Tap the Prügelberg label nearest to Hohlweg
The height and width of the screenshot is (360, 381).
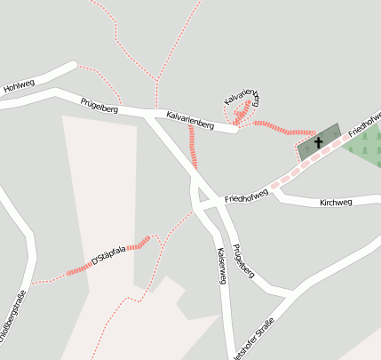point(99,106)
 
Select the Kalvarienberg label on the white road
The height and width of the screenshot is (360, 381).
point(191,120)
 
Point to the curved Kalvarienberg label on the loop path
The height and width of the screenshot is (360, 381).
point(242,99)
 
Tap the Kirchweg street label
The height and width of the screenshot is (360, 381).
point(336,203)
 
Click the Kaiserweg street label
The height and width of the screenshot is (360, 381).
point(221,266)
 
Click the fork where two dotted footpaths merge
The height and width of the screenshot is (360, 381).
point(156,82)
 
